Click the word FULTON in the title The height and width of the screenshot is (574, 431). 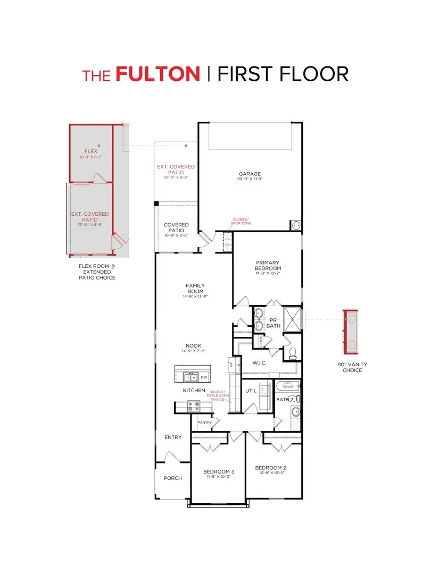pos(158,74)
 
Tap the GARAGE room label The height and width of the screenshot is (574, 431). pos(250,174)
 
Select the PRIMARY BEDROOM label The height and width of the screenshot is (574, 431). pos(268,265)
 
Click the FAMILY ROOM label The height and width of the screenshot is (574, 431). pos(195,289)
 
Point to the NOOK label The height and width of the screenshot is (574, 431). pos(193,346)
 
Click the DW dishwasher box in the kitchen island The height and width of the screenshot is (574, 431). pos(204,377)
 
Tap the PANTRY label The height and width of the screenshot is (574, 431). pos(205,423)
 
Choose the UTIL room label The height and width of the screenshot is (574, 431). pos(251,391)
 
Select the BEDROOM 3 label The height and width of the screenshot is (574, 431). pos(219,471)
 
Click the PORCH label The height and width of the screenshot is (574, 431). pos(172,478)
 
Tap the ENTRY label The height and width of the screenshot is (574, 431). pos(173,437)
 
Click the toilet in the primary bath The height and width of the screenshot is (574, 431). pos(293,352)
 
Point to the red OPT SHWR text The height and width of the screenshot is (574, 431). pos(288,386)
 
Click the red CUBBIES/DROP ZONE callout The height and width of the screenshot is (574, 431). pos(242,221)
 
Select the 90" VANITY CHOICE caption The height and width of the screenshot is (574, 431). pos(352,367)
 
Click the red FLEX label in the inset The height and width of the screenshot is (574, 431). pos(91,151)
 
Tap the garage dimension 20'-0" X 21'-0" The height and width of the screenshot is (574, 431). pos(250,179)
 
